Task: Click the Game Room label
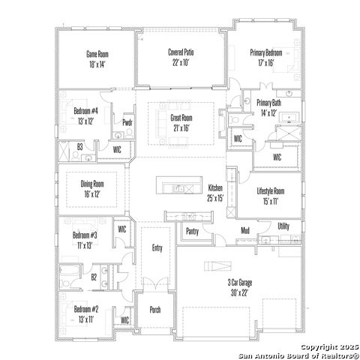[97, 54]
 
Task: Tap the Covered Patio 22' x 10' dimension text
[181, 62]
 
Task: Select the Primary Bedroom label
[266, 52]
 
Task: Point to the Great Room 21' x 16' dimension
[181, 128]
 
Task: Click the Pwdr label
[127, 122]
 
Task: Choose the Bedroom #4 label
[85, 111]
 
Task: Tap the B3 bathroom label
[79, 147]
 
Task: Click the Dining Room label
[92, 184]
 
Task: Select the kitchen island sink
[179, 189]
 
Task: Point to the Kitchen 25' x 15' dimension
[215, 198]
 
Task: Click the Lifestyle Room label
[271, 191]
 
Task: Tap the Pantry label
[192, 232]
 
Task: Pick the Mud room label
[245, 230]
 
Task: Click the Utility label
[283, 226]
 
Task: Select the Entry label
[157, 248]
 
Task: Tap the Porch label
[155, 310]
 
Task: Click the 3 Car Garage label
[240, 283]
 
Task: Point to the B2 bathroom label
[94, 277]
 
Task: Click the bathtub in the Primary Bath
[289, 117]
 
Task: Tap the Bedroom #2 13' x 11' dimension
[86, 319]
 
